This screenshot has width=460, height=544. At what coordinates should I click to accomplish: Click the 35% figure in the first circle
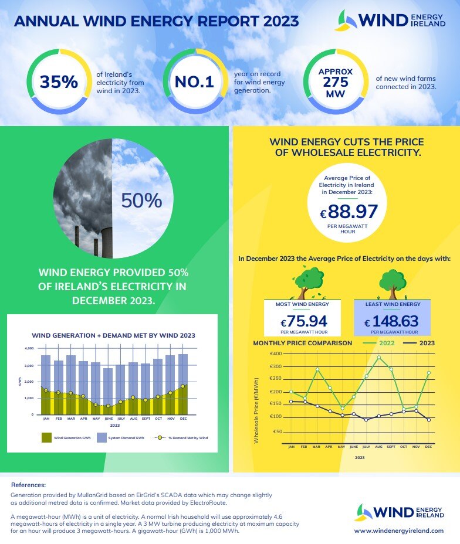(x=59, y=82)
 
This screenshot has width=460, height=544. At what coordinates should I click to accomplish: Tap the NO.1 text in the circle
(x=194, y=82)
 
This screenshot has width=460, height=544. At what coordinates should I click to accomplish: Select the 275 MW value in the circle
(x=336, y=82)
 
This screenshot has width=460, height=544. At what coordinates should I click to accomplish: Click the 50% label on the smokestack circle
(x=141, y=201)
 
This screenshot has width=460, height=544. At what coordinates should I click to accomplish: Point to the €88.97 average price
(x=349, y=211)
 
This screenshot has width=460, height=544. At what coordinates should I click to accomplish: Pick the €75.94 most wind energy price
(x=303, y=322)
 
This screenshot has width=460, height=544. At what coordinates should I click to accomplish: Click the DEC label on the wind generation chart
(x=183, y=419)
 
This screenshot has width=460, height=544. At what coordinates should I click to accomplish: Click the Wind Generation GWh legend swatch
(x=46, y=437)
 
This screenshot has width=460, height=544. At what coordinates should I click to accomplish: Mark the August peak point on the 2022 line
(x=379, y=357)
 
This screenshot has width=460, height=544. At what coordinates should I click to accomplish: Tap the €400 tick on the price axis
(x=276, y=353)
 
